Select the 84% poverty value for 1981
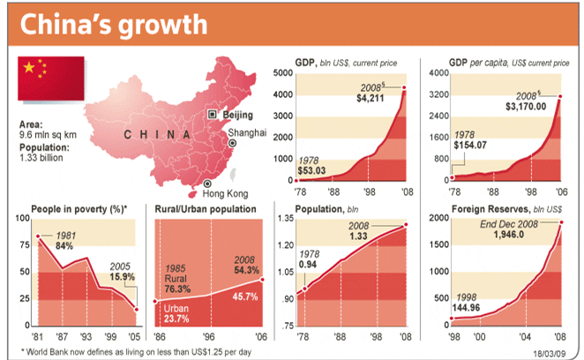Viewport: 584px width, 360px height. (63, 246)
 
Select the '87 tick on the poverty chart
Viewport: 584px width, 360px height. (59, 336)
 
